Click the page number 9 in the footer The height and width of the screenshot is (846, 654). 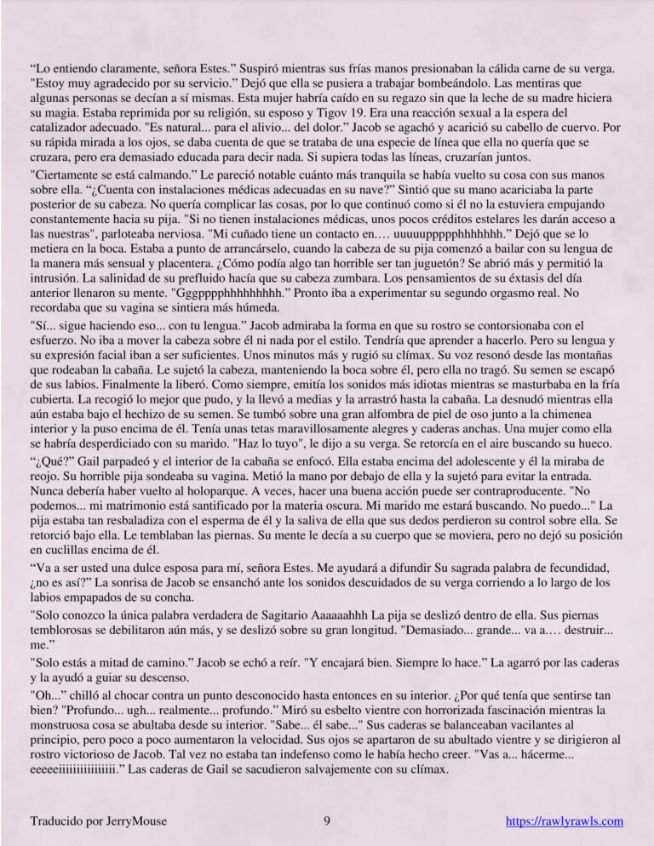point(327,821)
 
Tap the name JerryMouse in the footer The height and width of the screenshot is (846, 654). point(132,821)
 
